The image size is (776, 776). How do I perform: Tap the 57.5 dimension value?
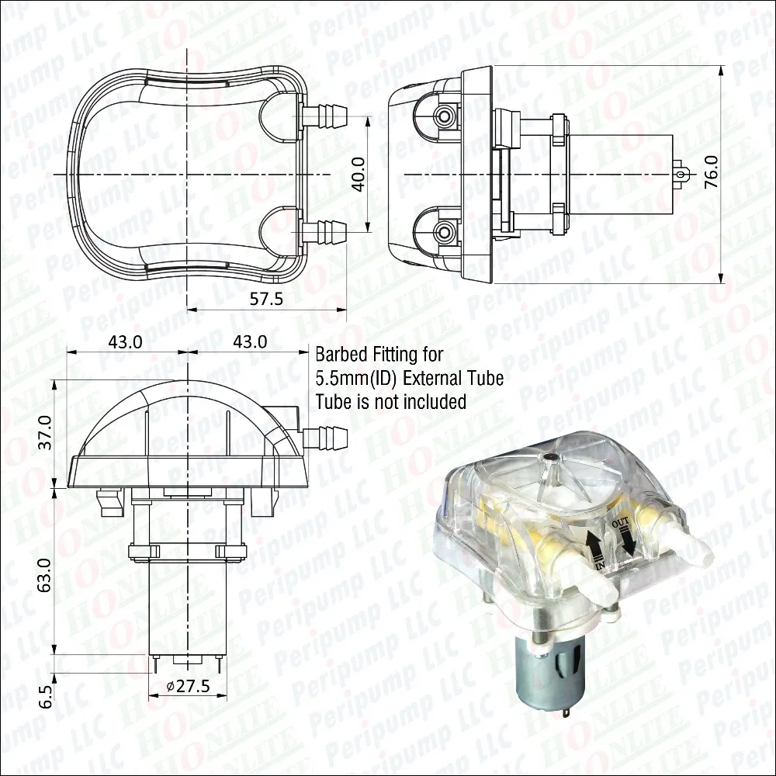(x=267, y=299)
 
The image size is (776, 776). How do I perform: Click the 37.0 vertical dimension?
(x=44, y=432)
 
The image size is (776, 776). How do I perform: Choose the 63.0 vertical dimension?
(x=44, y=575)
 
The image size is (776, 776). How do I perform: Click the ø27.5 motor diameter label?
(x=189, y=686)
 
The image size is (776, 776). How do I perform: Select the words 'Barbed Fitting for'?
(x=379, y=355)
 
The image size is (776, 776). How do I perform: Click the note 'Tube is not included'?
(x=391, y=401)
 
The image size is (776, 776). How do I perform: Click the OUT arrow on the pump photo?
(x=627, y=539)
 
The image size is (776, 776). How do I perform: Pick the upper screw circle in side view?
(x=444, y=116)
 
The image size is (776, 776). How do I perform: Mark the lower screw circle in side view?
(x=444, y=230)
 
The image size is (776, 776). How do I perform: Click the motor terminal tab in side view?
(x=681, y=174)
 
